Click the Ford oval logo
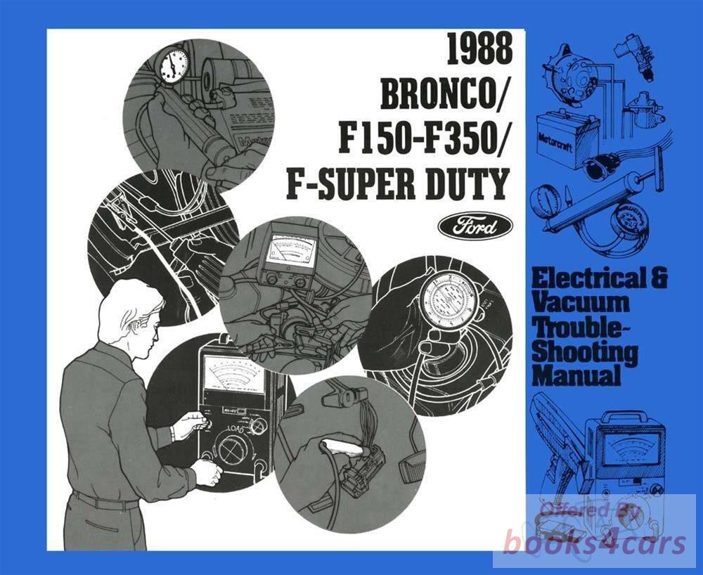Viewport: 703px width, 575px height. tap(475, 227)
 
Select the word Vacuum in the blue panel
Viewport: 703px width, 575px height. tap(581, 303)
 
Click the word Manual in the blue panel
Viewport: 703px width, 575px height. tap(576, 375)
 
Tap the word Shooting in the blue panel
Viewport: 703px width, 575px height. tap(586, 352)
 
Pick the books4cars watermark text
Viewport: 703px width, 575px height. tap(595, 542)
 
